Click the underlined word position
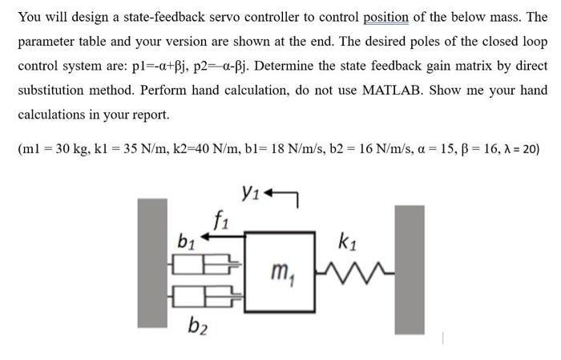385,17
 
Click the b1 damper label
185,241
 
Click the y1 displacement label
251,192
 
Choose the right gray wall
409,273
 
